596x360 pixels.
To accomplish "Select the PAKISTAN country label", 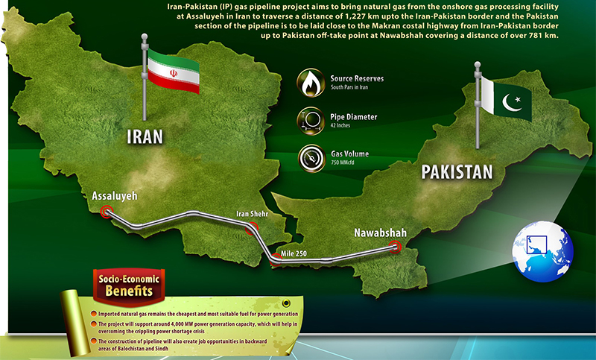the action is [457, 173].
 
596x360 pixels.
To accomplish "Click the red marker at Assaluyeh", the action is [107, 212].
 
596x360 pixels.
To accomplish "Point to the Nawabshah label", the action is [380, 230].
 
